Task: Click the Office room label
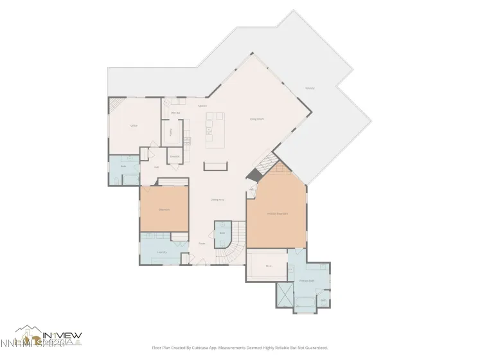[x=134, y=125]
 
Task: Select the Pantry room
[x=170, y=132]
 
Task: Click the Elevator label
[x=174, y=156]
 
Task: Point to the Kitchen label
[x=202, y=105]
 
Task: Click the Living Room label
[x=257, y=119]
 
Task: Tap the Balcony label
[x=310, y=87]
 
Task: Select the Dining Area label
[x=217, y=200]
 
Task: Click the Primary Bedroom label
[x=277, y=213]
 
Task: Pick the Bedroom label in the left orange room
[x=164, y=209]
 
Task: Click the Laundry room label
[x=162, y=252]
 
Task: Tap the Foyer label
[x=202, y=244]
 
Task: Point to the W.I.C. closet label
[x=269, y=265]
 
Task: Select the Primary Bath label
[x=306, y=281]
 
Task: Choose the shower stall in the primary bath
[x=283, y=295]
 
